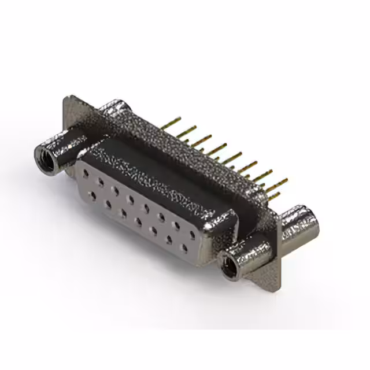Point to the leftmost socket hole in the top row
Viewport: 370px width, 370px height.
click(x=86, y=173)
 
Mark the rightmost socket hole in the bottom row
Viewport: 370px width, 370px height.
click(x=184, y=249)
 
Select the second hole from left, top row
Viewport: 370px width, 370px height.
click(x=101, y=181)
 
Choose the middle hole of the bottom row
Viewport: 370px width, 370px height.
click(x=139, y=221)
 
